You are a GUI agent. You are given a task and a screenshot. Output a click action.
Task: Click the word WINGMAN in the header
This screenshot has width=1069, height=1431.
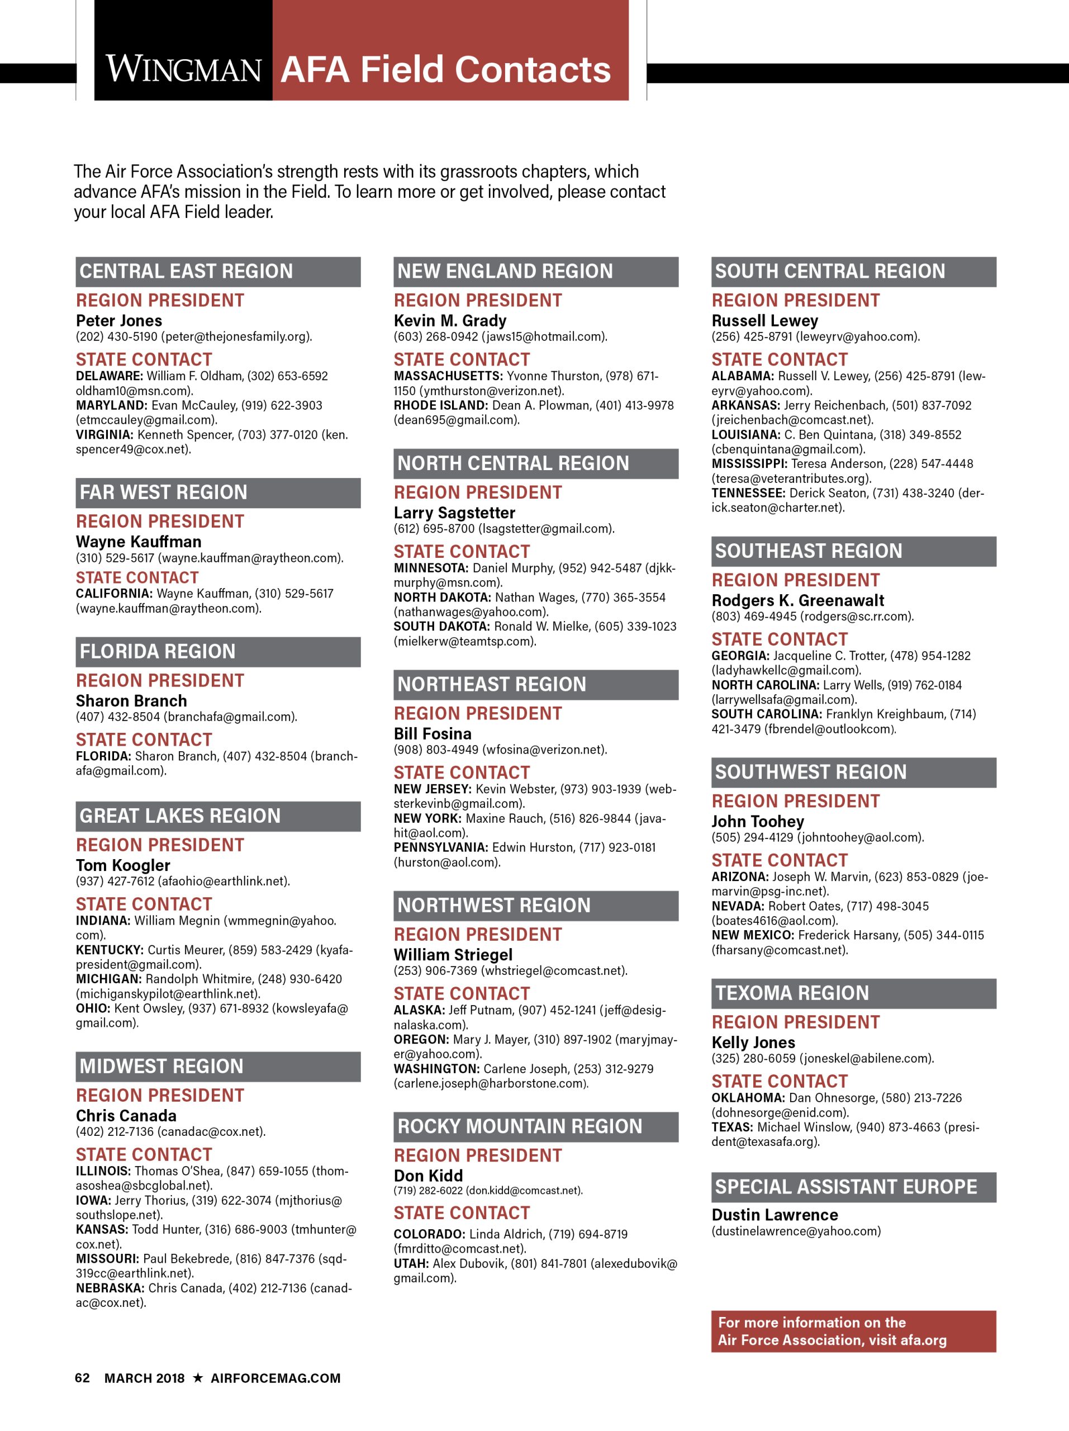(x=184, y=70)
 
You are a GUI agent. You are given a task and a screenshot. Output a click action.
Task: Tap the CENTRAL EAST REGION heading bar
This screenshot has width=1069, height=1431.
(x=218, y=272)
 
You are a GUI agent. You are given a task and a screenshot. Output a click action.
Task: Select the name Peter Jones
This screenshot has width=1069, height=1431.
(x=119, y=320)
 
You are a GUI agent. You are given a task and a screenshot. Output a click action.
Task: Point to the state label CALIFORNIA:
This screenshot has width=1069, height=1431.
(x=114, y=593)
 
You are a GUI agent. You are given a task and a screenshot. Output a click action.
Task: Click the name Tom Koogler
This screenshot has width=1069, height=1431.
(x=123, y=865)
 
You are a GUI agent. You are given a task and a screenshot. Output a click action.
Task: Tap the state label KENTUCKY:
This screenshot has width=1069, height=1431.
(x=110, y=950)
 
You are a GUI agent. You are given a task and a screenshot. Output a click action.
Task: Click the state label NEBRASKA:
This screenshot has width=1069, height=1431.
(x=110, y=1288)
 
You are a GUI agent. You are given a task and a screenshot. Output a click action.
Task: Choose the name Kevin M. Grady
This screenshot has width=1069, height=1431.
(x=450, y=320)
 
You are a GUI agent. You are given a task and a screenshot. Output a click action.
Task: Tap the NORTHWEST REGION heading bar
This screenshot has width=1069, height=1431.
(x=535, y=905)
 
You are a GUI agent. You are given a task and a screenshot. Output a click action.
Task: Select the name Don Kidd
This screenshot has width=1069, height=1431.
(x=428, y=1176)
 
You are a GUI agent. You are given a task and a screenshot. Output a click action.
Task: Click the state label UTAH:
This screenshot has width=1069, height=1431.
(x=411, y=1263)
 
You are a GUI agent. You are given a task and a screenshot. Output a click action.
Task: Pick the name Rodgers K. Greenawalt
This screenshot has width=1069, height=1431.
(x=798, y=600)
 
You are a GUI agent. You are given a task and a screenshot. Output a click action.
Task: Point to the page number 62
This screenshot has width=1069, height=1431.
(x=82, y=1378)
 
